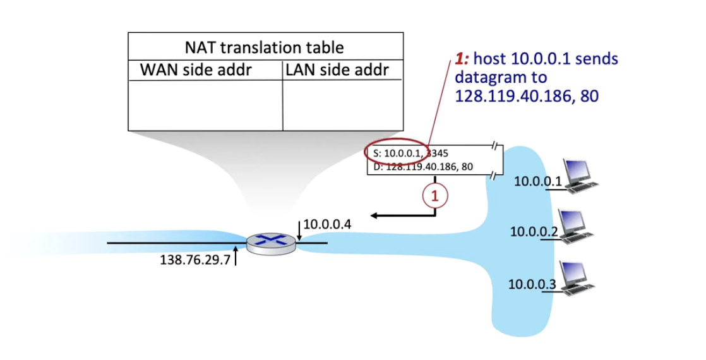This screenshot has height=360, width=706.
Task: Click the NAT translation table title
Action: click(265, 47)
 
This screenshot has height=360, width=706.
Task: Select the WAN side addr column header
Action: click(196, 69)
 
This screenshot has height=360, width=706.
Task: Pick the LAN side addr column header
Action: click(337, 69)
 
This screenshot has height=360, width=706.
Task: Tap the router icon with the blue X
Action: click(266, 243)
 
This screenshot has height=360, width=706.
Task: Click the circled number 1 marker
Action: click(434, 196)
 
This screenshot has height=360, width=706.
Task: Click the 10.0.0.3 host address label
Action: click(532, 284)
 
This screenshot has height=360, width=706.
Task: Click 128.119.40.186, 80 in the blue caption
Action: click(526, 96)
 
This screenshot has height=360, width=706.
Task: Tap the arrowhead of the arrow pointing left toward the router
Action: click(374, 216)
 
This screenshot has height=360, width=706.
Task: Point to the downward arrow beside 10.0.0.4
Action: click(299, 231)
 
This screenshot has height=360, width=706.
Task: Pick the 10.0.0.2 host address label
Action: click(533, 232)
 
